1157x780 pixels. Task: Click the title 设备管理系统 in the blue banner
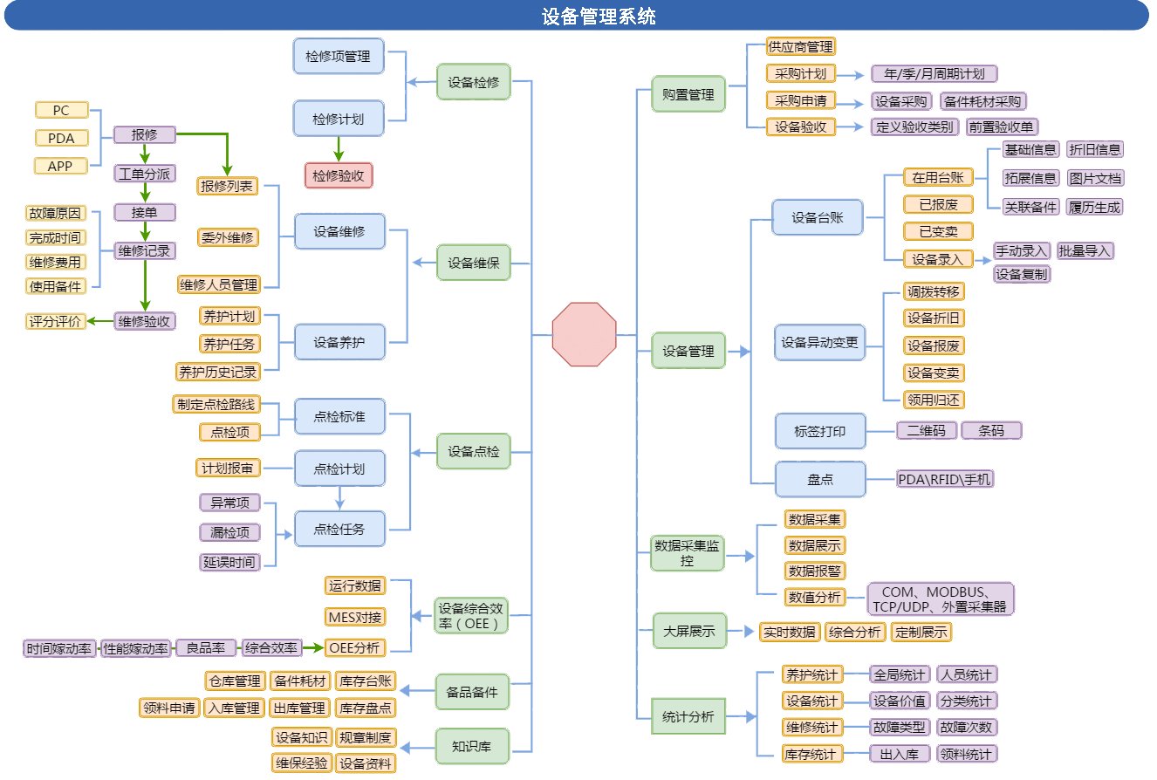coord(599,17)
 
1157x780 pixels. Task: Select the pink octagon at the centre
coord(585,335)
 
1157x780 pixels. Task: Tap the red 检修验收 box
coord(339,175)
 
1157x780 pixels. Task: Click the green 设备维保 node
coord(474,263)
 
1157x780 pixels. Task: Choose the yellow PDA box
coord(61,139)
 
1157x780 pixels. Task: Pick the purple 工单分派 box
coord(145,174)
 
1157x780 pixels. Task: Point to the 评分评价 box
coord(55,321)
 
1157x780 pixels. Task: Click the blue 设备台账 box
coord(817,217)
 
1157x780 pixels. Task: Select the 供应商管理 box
coord(801,47)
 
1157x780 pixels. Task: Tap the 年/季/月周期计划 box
coord(934,74)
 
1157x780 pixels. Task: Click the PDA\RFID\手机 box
coord(944,479)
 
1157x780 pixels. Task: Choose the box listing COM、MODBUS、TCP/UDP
coord(940,599)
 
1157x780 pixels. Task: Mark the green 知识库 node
coord(472,747)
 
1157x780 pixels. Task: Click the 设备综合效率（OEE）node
coord(471,616)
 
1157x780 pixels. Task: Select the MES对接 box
coord(355,617)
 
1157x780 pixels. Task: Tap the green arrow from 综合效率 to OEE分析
coord(313,647)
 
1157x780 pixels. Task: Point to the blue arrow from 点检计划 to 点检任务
coord(339,498)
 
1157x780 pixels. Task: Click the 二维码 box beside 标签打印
coord(927,431)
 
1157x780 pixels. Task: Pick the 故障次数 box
coord(967,728)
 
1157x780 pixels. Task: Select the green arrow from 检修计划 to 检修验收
coord(339,149)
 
